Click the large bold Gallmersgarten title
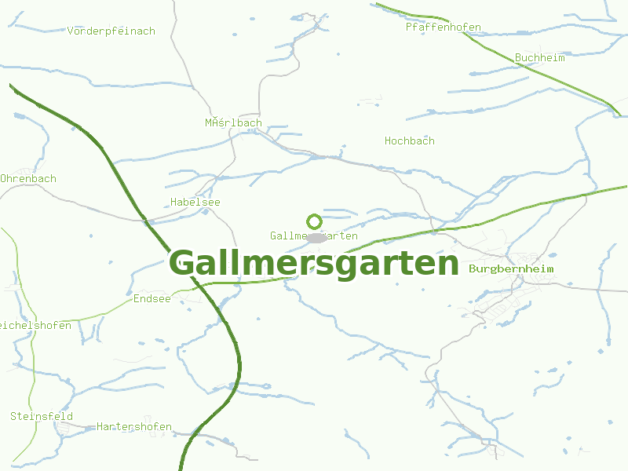[x=314, y=263]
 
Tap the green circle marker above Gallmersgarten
[x=314, y=221]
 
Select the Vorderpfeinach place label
[x=111, y=31]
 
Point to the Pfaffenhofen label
[x=444, y=27]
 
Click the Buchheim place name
[x=540, y=58]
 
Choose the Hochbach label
[x=410, y=141]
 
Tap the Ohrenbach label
[x=28, y=179]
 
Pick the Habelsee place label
[x=195, y=203]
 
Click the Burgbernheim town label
[x=511, y=269]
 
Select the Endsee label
[x=152, y=299]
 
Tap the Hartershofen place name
[x=134, y=427]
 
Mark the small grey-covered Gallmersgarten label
[x=287, y=236]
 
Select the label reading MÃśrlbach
[x=234, y=123]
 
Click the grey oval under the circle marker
[x=316, y=237]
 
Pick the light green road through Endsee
[x=102, y=314]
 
